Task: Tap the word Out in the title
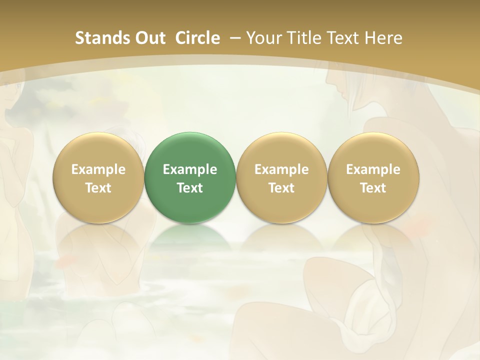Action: (x=150, y=38)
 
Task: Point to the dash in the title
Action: (x=233, y=38)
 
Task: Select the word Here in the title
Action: (x=383, y=38)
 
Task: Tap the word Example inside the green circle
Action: (x=190, y=169)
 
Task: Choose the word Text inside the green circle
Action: (x=190, y=188)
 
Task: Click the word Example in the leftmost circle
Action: (x=98, y=169)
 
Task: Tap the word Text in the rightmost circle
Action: (x=373, y=188)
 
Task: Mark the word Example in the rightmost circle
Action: (x=373, y=169)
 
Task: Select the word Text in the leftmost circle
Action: (x=98, y=188)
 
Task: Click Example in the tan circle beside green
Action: (x=281, y=169)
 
